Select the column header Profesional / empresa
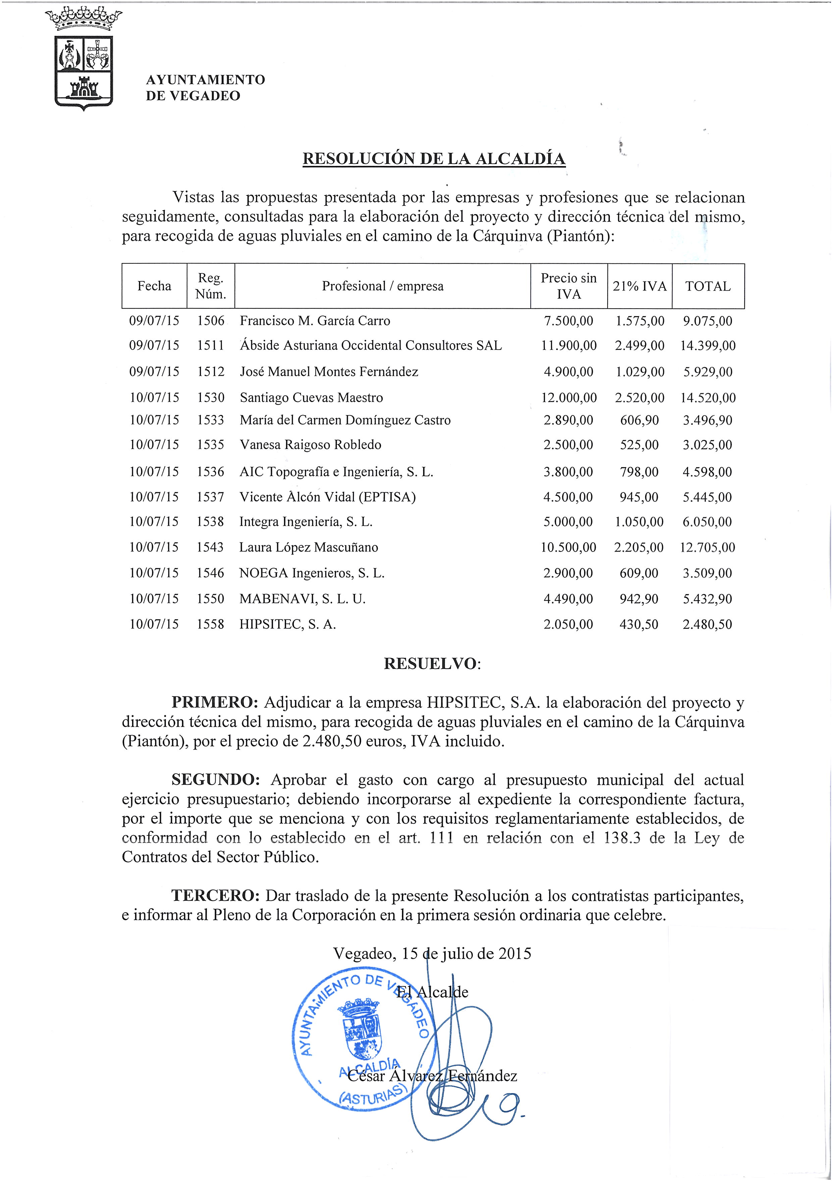[382, 286]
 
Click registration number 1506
[211, 321]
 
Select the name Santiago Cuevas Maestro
[311, 398]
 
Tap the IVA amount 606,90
[639, 420]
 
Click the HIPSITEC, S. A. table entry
[288, 624]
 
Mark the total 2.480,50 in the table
[707, 624]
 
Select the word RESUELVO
[431, 664]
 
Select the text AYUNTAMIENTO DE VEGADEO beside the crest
[205, 88]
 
